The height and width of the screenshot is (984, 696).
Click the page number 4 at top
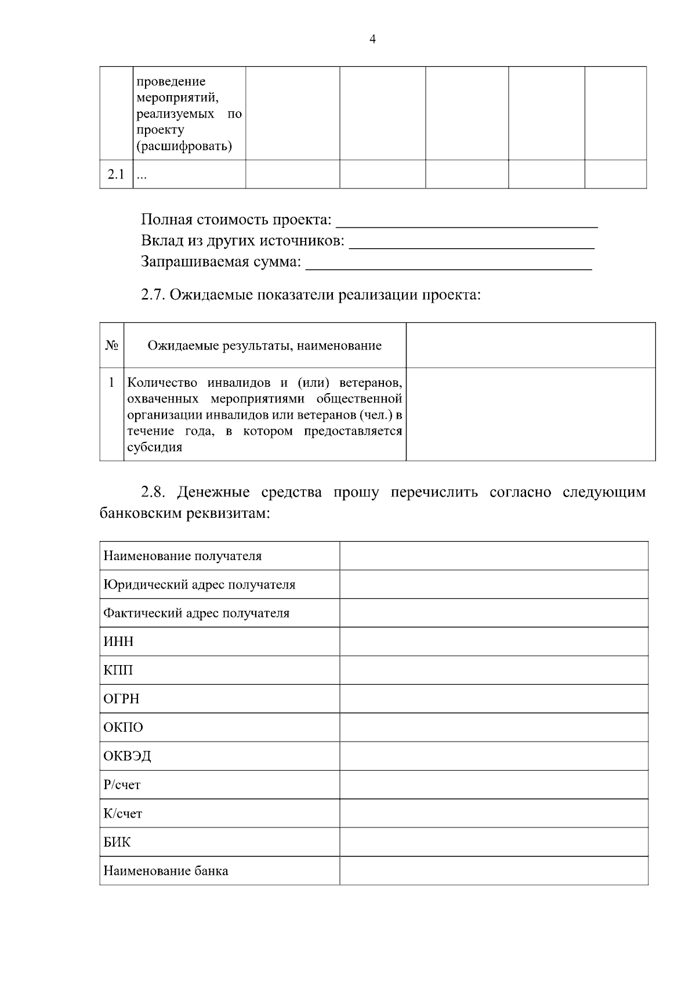coord(372,39)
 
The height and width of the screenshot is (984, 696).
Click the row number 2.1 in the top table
coord(116,175)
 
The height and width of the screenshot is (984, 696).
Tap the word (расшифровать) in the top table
coord(184,146)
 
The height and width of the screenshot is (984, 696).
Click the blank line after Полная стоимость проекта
coord(467,223)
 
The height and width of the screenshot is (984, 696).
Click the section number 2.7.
coord(153,295)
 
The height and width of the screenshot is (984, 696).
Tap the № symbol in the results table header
coord(112,346)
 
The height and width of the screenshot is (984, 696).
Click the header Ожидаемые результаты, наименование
coord(264,346)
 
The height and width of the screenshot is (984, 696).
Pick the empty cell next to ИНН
coord(494,641)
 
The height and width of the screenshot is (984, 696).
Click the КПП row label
coord(118,670)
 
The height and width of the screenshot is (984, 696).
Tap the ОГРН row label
coord(122,699)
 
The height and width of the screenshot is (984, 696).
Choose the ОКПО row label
coord(123,727)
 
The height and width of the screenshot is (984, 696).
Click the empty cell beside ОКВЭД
coord(494,756)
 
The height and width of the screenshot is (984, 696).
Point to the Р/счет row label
coord(122,785)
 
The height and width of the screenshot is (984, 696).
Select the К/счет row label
coord(122,814)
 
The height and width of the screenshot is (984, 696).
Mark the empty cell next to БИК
coord(494,842)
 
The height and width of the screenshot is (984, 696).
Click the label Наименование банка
coord(166,871)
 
